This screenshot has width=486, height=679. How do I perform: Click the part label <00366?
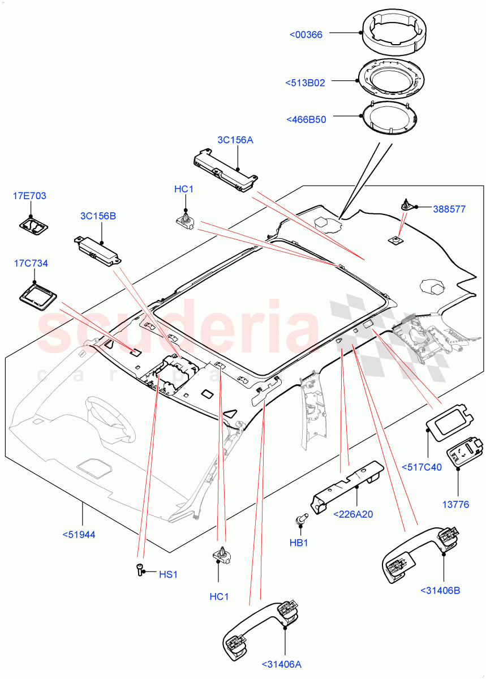click(x=306, y=35)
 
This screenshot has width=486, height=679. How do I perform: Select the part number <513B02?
click(x=306, y=83)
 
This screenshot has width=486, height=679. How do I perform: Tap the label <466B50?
click(x=306, y=119)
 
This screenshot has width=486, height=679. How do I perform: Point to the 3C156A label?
click(x=235, y=140)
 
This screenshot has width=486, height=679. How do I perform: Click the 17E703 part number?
click(x=29, y=196)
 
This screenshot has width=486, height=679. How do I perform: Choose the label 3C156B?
click(x=98, y=216)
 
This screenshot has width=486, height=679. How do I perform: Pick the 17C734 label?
click(x=31, y=263)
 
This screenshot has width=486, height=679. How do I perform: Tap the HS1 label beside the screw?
click(x=168, y=574)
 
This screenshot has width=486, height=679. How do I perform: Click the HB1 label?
click(x=298, y=543)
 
